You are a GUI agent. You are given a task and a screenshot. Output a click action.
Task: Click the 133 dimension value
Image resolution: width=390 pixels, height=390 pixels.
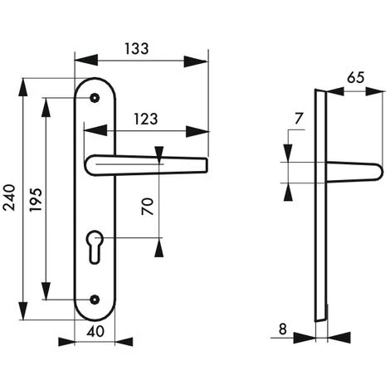click(137, 49)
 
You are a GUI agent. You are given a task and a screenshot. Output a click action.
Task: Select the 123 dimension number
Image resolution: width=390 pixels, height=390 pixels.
click(146, 119)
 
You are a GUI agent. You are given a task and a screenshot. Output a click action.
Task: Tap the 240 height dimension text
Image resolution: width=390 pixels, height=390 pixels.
click(9, 197)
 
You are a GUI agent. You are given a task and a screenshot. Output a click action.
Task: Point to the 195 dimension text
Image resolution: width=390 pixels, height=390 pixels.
click(36, 200)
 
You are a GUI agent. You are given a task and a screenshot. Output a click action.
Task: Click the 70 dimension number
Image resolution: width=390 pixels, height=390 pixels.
click(148, 207)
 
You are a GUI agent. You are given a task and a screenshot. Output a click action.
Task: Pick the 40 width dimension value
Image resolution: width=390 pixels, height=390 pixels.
click(95, 331)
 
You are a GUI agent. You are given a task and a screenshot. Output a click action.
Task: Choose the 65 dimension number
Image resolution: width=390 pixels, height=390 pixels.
click(356, 78)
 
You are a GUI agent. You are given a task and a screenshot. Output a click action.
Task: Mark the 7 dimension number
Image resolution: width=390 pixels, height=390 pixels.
click(299, 119)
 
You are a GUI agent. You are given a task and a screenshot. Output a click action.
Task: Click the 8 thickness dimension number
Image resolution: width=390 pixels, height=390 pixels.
click(283, 329)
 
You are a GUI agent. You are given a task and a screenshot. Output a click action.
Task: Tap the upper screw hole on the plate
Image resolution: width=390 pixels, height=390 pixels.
click(95, 98)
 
